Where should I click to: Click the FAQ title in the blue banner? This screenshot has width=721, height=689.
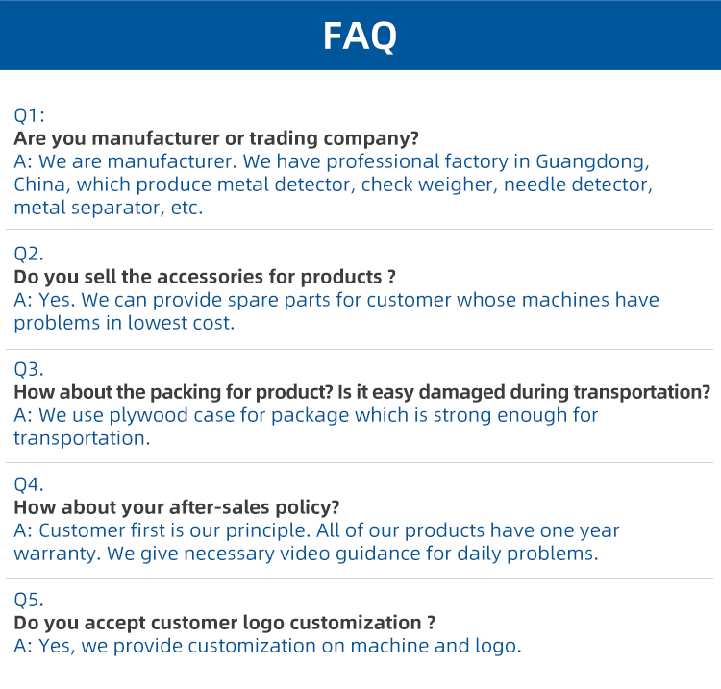[360, 37]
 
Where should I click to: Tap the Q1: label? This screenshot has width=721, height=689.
[29, 115]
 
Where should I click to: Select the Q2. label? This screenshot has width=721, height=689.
[29, 254]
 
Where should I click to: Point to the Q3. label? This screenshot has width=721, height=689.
[29, 369]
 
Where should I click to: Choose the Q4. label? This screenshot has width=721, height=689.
[29, 484]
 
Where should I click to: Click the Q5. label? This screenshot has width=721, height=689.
[29, 600]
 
